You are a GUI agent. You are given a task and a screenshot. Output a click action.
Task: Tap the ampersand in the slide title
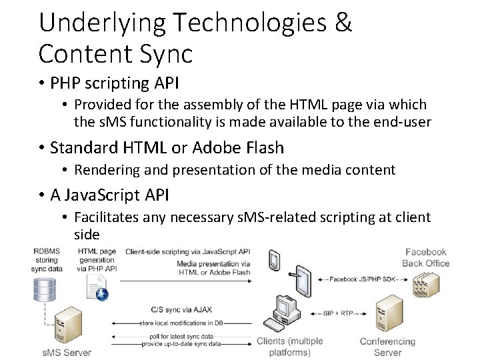(342, 23)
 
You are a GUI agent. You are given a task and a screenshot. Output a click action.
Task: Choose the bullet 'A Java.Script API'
(110, 195)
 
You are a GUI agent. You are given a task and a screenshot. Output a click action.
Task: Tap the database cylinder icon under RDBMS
(46, 288)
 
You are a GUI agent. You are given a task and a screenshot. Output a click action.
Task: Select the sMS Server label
(67, 352)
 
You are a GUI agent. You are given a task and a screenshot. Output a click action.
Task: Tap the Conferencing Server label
(387, 347)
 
